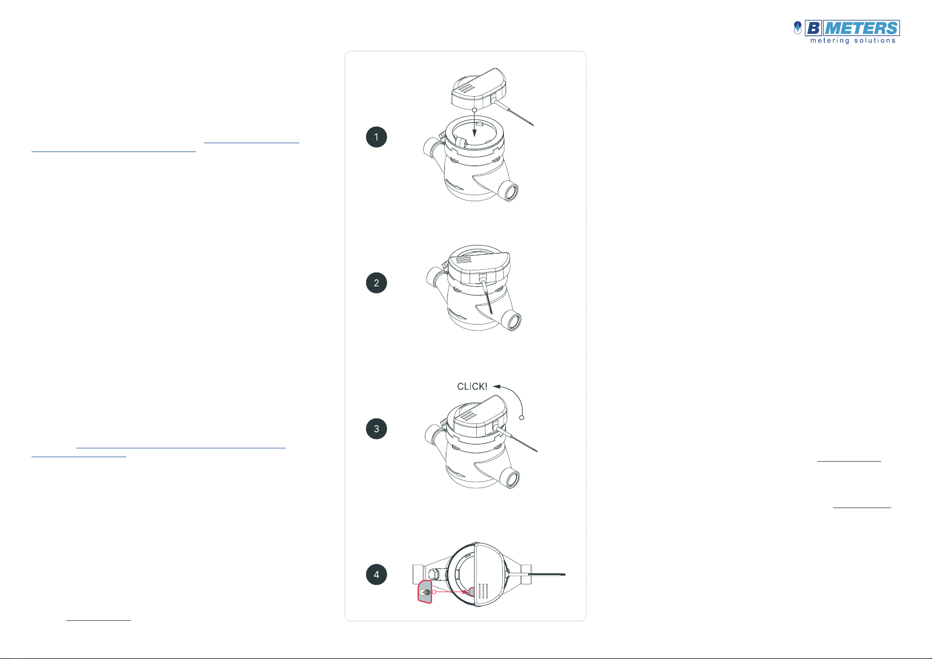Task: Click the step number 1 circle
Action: pos(376,137)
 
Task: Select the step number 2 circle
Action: pos(376,283)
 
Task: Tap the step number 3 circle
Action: pos(376,428)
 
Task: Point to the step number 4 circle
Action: pos(376,574)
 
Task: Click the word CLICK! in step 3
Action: pos(472,386)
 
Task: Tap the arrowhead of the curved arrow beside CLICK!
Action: pos(496,386)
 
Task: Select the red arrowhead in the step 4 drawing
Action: pos(466,592)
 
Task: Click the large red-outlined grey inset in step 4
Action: pos(425,592)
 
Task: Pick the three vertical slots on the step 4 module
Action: pos(483,591)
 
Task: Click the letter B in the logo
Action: pos(813,28)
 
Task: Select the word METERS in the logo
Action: pos(861,28)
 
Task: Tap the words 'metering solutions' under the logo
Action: pos(852,41)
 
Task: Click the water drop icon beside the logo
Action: pos(797,28)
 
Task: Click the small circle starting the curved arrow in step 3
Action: pos(522,417)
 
